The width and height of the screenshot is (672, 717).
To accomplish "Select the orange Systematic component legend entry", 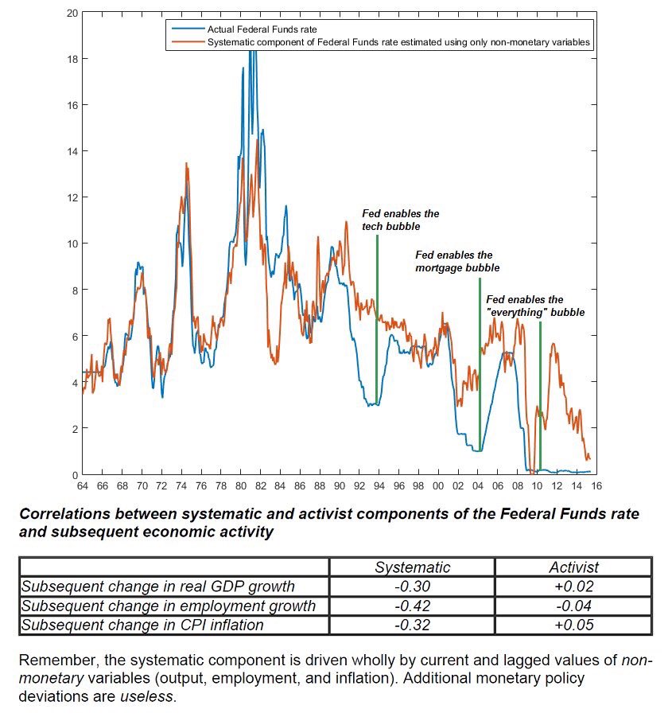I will pos(398,42).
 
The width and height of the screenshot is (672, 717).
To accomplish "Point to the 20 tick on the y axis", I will pos(73,14).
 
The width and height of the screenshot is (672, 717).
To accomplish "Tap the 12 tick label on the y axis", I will pos(73,197).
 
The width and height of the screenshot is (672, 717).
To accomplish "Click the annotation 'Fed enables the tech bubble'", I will pos(400,220).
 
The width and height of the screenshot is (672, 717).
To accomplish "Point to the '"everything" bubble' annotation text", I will pos(535,313).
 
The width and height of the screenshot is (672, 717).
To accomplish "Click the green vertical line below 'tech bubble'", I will pos(376,318).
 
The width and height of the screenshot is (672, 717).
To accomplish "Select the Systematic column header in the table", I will pos(412,567).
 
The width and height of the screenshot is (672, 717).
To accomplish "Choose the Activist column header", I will pos(573,567).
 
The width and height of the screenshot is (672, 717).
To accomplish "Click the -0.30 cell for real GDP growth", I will pos(412,586).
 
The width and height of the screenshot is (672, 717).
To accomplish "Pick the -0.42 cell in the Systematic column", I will pos(412,606).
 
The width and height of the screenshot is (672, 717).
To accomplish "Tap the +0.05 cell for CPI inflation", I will pos(573,625).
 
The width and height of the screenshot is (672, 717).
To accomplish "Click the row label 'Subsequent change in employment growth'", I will pos(169,606).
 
